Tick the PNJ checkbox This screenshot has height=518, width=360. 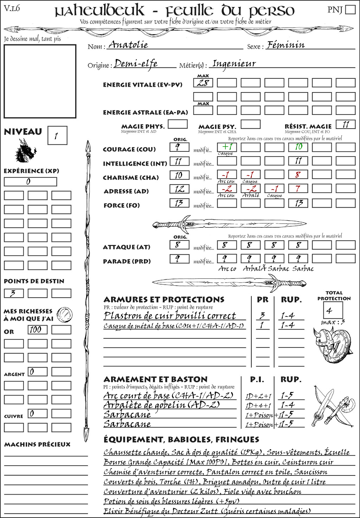pyautogui.click(x=350, y=9)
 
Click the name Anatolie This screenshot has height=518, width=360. pyautogui.click(x=128, y=45)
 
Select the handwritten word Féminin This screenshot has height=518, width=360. pyautogui.click(x=285, y=45)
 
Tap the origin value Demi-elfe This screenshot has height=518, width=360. pyautogui.click(x=136, y=64)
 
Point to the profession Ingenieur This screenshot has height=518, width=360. pyautogui.click(x=234, y=64)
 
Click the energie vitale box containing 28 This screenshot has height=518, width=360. pyautogui.click(x=203, y=83)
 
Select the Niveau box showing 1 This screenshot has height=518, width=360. pyautogui.click(x=57, y=136)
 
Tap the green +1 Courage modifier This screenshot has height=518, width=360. pyautogui.click(x=227, y=147)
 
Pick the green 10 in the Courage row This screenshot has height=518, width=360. pyautogui.click(x=298, y=147)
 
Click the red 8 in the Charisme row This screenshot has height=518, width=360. pyautogui.click(x=298, y=175)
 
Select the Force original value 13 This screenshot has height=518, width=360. pyautogui.click(x=179, y=203)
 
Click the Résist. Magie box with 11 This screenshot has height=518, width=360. pyautogui.click(x=346, y=124)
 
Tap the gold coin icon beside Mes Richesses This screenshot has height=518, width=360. pyautogui.click(x=65, y=314)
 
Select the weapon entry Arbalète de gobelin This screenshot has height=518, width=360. pyautogui.click(x=162, y=405)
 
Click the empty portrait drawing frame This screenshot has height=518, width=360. pyautogui.click(x=40, y=81)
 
